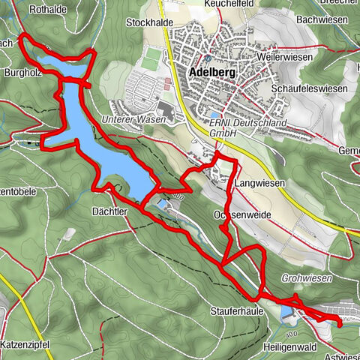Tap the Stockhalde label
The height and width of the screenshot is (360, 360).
tap(149, 22)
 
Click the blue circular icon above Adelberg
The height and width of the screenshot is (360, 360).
tap(208, 58)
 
